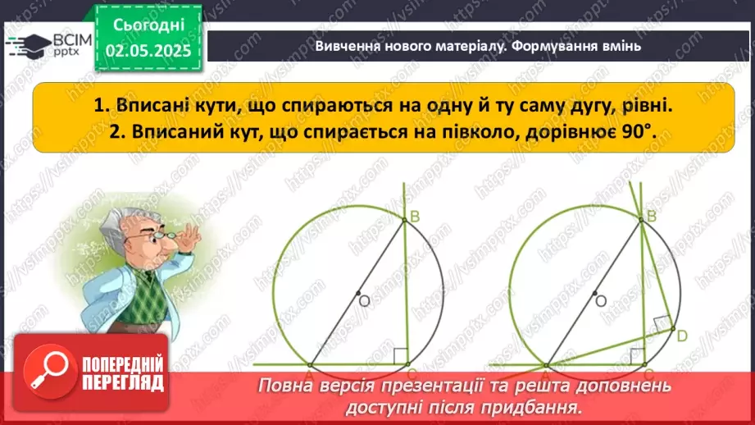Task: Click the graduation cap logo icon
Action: [26, 45]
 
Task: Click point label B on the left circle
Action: [414, 217]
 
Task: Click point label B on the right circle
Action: [653, 217]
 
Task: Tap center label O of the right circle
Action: [601, 301]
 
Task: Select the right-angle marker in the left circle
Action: [401, 356]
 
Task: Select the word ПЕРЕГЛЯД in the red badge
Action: [124, 382]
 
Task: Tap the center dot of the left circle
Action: [357, 293]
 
